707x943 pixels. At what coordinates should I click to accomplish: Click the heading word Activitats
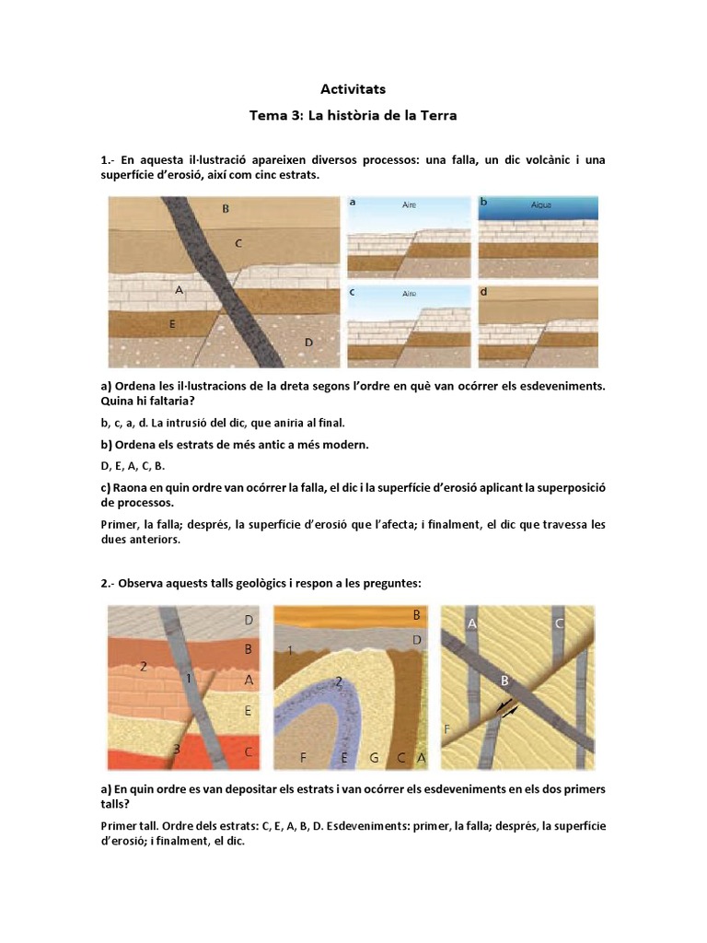353,89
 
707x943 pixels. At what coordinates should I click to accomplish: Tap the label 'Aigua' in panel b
541,205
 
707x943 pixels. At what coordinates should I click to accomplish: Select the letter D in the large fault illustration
308,343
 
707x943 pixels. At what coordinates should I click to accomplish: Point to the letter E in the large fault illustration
172,324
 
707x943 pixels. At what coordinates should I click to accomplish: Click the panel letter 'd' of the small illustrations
483,292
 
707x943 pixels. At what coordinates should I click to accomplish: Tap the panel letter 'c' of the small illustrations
353,292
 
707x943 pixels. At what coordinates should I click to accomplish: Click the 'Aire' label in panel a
409,205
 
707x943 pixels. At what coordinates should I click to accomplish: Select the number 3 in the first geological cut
177,749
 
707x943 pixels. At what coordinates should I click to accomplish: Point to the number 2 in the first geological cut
143,667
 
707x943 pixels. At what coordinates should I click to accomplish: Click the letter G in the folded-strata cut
374,758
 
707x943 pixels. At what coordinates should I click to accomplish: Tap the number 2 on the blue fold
339,681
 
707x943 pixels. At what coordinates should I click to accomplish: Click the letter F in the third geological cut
446,729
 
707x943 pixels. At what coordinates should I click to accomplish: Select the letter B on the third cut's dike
505,681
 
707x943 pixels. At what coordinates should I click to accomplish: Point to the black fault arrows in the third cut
507,706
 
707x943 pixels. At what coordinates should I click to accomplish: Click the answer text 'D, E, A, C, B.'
133,466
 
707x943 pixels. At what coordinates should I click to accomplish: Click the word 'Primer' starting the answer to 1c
119,524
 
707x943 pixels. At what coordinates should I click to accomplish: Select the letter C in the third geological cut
559,623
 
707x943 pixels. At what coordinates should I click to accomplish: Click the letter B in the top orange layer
416,615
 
